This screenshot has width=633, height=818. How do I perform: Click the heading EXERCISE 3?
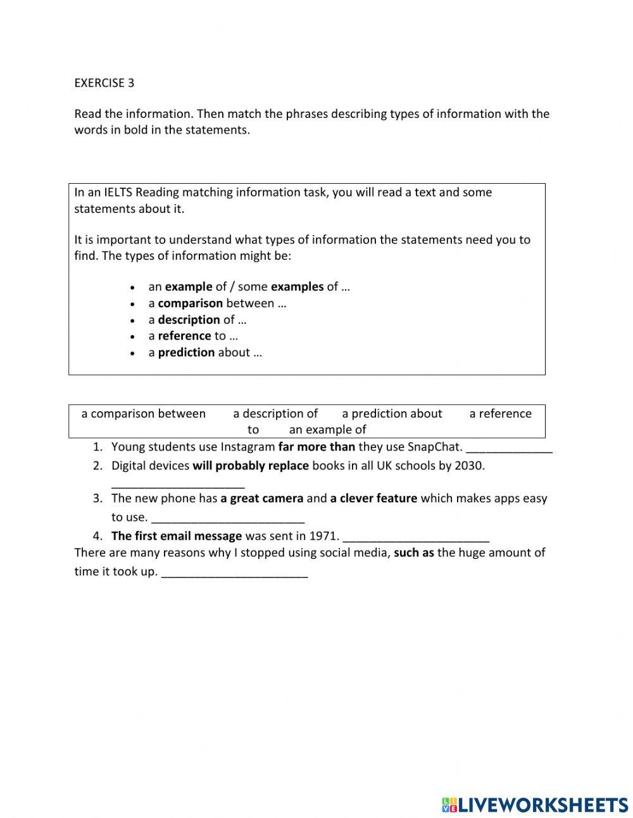coord(104,82)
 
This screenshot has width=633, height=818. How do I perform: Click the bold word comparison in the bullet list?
coord(190,303)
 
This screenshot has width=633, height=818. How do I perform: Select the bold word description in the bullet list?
coord(189,319)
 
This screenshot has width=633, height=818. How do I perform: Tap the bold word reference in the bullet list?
coord(184,336)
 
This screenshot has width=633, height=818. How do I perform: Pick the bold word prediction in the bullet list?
coord(186,352)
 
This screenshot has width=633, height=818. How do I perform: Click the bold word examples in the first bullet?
coord(297,286)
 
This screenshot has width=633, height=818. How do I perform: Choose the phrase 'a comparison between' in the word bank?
coord(144,414)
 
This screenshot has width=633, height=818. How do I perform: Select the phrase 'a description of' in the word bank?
coord(275,414)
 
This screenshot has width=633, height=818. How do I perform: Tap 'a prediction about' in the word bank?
coord(392,414)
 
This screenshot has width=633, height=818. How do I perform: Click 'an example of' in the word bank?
coord(327,430)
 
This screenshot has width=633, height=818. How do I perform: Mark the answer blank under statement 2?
coord(178,483)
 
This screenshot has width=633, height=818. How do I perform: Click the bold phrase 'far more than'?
coord(316,447)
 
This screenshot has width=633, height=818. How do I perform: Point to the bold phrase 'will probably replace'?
coord(251,466)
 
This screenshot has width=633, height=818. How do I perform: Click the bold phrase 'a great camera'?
coord(261,498)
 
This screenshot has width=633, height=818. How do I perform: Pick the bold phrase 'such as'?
coord(413,553)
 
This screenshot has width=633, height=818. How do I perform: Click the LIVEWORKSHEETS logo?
coord(535,805)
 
